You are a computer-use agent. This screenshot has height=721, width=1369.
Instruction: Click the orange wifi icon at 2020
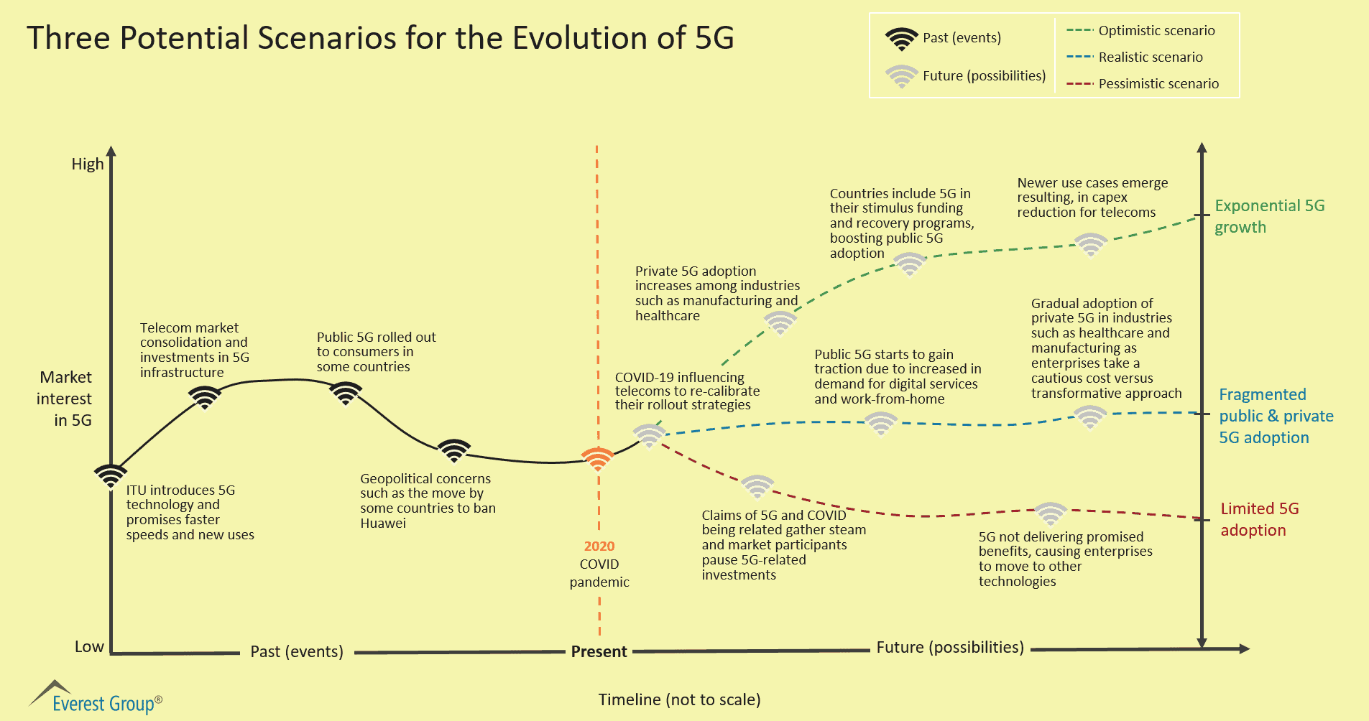[x=597, y=458]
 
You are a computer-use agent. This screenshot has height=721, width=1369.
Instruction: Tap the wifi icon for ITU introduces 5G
[x=111, y=475]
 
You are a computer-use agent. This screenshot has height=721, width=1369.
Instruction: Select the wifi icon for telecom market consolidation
[x=205, y=396]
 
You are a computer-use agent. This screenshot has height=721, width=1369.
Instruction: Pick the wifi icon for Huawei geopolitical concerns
[x=454, y=450]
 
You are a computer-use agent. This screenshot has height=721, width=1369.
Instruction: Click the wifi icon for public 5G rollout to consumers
[x=346, y=393]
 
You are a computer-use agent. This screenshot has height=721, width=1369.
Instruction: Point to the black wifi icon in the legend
[x=901, y=39]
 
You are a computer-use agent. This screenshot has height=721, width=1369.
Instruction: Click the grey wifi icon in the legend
[x=901, y=76]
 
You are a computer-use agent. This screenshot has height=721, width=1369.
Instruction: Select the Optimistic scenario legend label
[x=1156, y=31]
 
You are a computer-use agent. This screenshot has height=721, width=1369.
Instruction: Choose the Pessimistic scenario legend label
[x=1158, y=84]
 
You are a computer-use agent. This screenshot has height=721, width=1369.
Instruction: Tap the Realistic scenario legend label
[x=1151, y=57]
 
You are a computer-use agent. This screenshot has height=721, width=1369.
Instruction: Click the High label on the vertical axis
[x=88, y=164]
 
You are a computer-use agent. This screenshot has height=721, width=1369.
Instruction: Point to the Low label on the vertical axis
[x=89, y=647]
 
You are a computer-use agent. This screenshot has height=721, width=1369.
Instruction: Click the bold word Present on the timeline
[x=599, y=652]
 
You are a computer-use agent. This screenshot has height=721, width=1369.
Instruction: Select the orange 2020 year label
[x=599, y=546]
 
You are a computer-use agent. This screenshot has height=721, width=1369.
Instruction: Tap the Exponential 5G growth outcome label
[x=1269, y=216]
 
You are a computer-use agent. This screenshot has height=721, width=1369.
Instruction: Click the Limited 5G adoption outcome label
[x=1259, y=519]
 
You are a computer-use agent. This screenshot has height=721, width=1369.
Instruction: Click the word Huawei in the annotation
[x=383, y=524]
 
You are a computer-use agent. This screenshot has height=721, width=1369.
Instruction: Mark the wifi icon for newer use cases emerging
[x=1090, y=244]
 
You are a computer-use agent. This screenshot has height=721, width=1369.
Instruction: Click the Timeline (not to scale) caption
[x=679, y=700]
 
